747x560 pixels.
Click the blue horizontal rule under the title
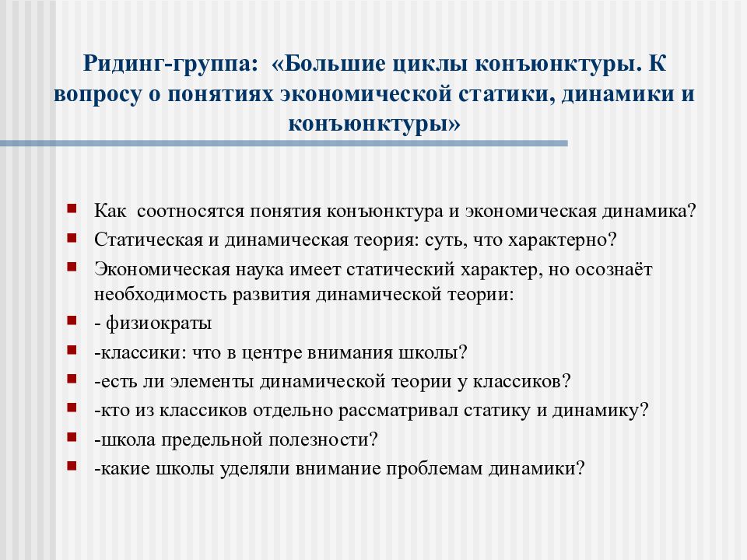pos(284,143)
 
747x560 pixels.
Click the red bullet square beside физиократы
pos(72,320)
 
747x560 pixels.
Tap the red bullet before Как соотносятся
pos(72,208)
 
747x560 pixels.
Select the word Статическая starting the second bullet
pos(149,240)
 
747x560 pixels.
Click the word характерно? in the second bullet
pos(563,240)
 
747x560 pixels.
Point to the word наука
pos(260,270)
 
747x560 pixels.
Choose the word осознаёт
pos(614,269)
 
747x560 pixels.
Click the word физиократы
pos(159,324)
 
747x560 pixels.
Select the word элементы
pos(212,382)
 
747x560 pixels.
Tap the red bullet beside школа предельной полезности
pos(72,436)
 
